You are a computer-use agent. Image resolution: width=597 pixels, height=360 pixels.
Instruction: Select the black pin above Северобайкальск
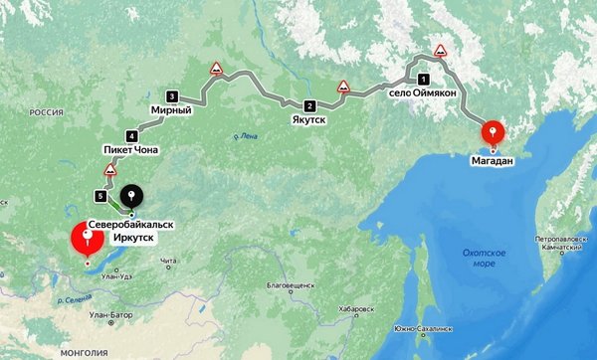(131, 196)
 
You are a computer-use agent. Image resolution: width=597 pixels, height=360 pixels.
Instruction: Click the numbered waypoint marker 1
(423, 79)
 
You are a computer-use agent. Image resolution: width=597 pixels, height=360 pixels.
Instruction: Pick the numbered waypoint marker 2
(308, 106)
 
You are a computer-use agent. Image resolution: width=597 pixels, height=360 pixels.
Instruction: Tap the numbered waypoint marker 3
(172, 96)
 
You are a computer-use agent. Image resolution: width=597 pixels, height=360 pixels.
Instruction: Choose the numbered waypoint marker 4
(131, 135)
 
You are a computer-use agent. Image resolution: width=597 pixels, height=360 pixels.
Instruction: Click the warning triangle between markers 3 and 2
(215, 69)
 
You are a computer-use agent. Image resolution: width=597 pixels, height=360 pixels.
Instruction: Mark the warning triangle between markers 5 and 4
(110, 168)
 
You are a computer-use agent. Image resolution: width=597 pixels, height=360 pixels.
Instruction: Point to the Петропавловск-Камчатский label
(564, 242)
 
